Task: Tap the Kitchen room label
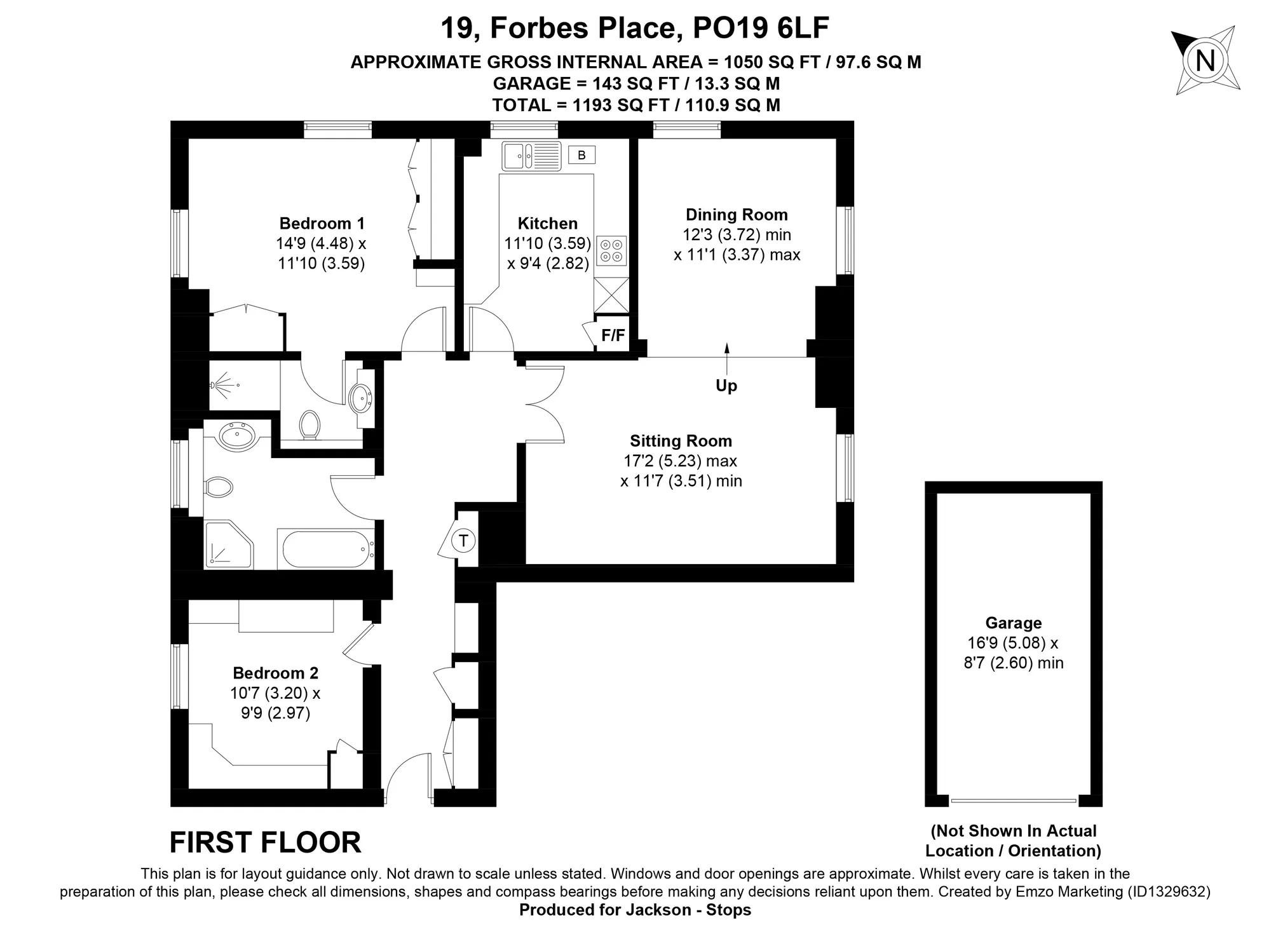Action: tap(548, 224)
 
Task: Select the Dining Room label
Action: tap(737, 215)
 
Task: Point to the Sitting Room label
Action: tap(681, 441)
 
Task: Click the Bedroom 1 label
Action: tap(322, 224)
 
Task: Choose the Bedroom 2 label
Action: tap(276, 673)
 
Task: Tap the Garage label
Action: tap(1014, 623)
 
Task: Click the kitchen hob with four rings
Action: tap(611, 250)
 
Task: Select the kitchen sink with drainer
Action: tap(532, 156)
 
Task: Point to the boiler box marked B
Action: tap(581, 155)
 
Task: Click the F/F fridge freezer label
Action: tap(613, 335)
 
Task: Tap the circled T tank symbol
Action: tap(463, 541)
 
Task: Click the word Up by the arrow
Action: tap(726, 386)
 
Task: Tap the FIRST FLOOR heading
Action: tap(266, 842)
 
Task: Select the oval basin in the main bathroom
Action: tap(237, 436)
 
